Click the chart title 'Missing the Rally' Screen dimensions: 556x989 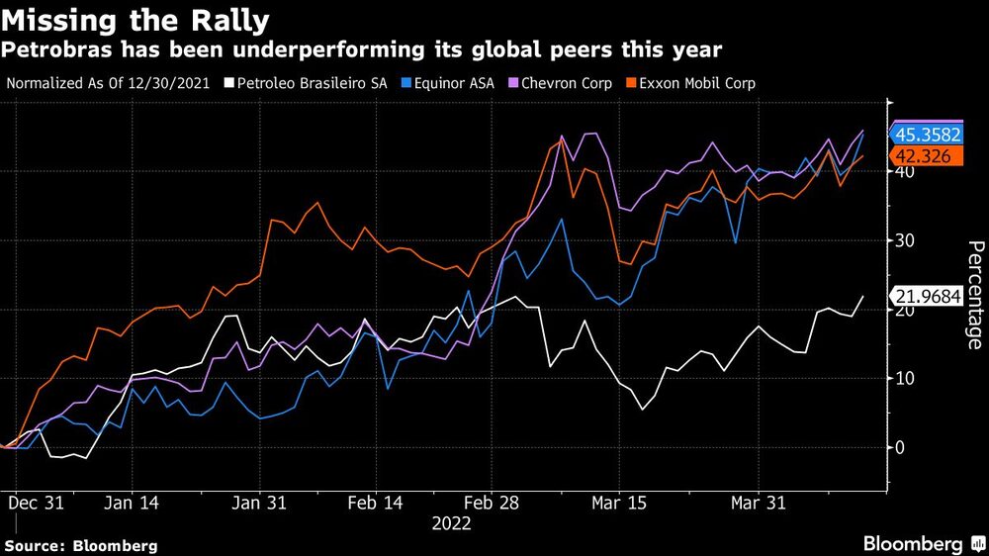(138, 19)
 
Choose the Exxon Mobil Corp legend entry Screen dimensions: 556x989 (701, 83)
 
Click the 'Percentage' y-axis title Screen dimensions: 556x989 (973, 295)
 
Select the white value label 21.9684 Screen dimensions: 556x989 (927, 297)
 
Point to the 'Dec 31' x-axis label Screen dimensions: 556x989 (36, 503)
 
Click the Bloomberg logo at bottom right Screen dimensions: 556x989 (914, 543)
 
